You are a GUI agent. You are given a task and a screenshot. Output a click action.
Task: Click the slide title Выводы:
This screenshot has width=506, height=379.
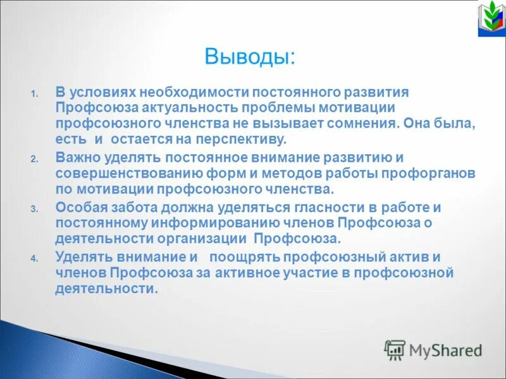tap(249, 56)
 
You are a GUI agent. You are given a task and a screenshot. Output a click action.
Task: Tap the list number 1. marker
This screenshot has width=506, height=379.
tap(35, 94)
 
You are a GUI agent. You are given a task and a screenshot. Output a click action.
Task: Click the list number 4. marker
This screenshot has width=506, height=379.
tap(35, 258)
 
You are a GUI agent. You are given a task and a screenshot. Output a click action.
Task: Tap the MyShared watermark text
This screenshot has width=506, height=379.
tap(446, 350)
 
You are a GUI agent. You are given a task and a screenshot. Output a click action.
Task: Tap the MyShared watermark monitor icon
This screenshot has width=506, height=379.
tap(395, 349)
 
